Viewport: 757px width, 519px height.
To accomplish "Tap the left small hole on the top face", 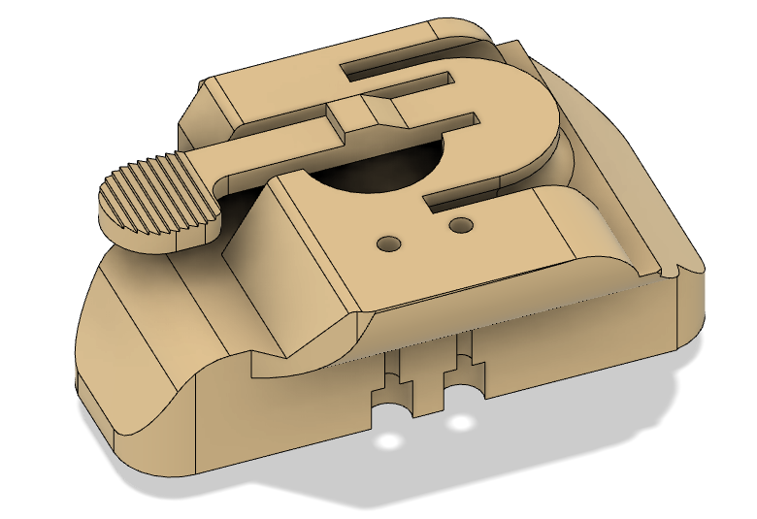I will tap(389, 242).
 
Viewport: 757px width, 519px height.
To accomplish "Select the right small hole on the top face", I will tap(460, 226).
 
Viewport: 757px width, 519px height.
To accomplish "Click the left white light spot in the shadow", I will tap(390, 442).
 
